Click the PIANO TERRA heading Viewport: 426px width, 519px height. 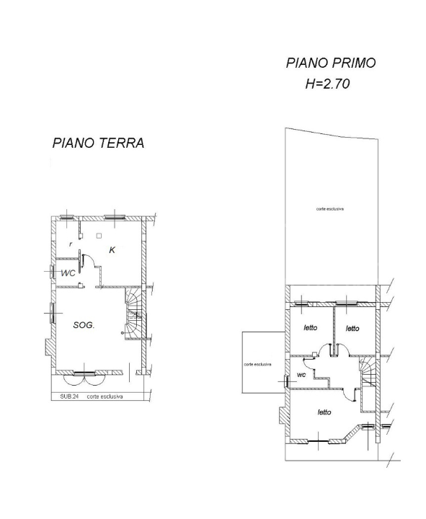pyautogui.click(x=98, y=143)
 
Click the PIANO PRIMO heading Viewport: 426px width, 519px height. pyautogui.click(x=330, y=63)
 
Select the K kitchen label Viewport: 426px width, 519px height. pyautogui.click(x=112, y=249)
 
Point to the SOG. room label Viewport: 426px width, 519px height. pyautogui.click(x=84, y=325)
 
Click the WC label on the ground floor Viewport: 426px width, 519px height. pyautogui.click(x=68, y=273)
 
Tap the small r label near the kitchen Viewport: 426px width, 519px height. pyautogui.click(x=70, y=244)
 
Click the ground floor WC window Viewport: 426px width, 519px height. pyautogui.click(x=53, y=272)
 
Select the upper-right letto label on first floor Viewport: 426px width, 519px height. pyautogui.click(x=352, y=329)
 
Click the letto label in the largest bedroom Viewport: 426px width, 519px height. pyautogui.click(x=324, y=412)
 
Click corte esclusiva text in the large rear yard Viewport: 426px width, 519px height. pyautogui.click(x=329, y=208)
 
